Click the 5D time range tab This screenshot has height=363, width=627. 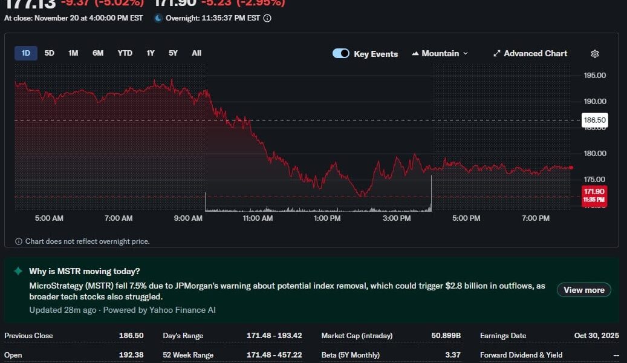click(x=50, y=53)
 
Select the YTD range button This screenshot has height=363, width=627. click(x=125, y=53)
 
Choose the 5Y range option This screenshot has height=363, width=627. click(x=173, y=53)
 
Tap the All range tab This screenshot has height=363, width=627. click(x=197, y=53)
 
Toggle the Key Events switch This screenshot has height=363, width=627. click(x=341, y=53)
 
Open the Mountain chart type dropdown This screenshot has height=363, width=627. click(x=440, y=53)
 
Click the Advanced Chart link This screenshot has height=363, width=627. click(x=530, y=53)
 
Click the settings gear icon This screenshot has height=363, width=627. click(x=595, y=54)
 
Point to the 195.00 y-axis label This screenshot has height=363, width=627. click(x=594, y=76)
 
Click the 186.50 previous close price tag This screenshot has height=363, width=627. click(x=594, y=120)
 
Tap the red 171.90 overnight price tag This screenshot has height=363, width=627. click(x=594, y=195)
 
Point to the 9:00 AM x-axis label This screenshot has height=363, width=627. click(x=188, y=218)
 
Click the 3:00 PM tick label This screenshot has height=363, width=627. click(x=397, y=218)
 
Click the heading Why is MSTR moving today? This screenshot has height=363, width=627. click(x=84, y=271)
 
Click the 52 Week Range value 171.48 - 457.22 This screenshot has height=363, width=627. click(x=275, y=355)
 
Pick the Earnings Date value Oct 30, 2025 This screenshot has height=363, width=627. click(x=596, y=336)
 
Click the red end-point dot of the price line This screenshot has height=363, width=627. click(x=571, y=168)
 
